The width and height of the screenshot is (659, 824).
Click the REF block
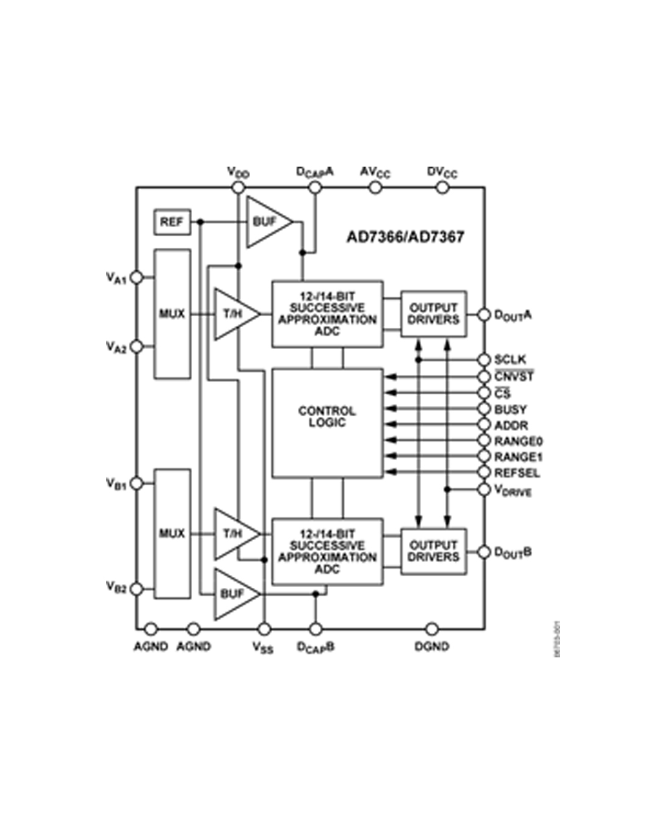click(171, 222)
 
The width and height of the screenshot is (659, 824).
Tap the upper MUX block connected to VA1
click(172, 314)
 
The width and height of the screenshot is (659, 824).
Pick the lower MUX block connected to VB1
click(172, 533)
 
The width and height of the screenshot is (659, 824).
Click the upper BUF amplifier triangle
click(266, 222)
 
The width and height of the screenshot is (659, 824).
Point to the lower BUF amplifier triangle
click(234, 593)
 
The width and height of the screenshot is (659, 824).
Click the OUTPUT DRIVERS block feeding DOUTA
click(433, 314)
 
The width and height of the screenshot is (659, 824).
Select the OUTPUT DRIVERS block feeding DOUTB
click(433, 551)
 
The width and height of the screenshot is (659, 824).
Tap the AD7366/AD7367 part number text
click(405, 237)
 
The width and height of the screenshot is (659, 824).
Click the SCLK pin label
click(510, 360)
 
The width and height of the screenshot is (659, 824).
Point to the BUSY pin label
click(510, 410)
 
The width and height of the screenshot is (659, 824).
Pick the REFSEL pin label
click(517, 473)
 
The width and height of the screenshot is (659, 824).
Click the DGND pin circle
click(431, 629)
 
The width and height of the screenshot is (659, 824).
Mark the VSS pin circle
click(264, 629)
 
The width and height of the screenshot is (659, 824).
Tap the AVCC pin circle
click(375, 187)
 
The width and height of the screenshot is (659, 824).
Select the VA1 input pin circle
click(137, 277)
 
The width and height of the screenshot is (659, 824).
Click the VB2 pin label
click(117, 587)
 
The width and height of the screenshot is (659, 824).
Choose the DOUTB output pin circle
click(484, 552)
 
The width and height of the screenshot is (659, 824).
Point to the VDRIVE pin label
click(513, 491)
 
